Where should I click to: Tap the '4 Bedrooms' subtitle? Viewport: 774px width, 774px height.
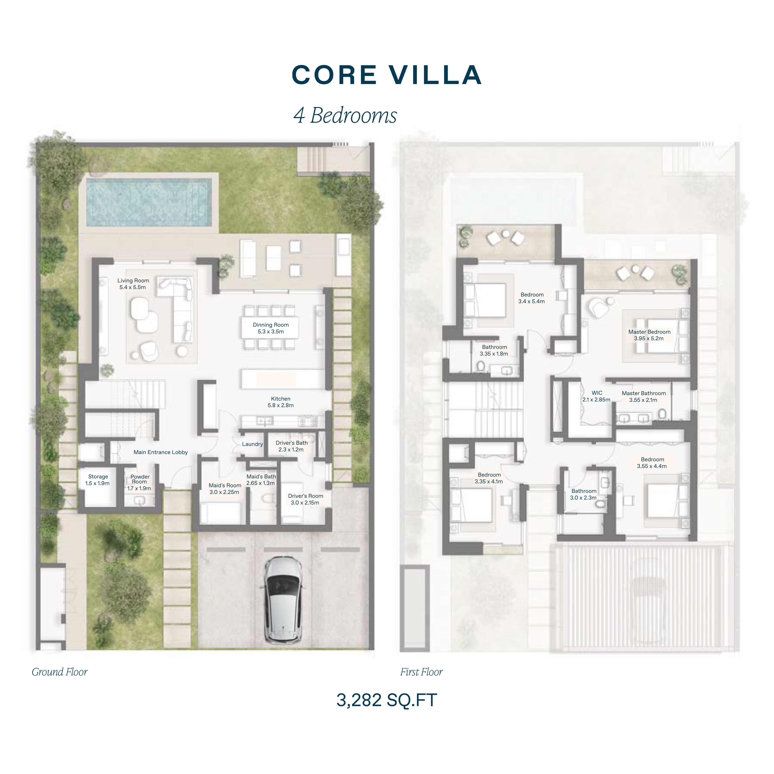pyautogui.click(x=345, y=115)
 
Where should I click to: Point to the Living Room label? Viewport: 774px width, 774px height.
pyautogui.click(x=133, y=284)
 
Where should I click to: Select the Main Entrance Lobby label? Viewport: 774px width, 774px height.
pyautogui.click(x=161, y=452)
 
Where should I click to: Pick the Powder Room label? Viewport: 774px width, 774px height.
pyautogui.click(x=139, y=482)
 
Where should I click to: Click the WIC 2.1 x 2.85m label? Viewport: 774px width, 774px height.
pyautogui.click(x=596, y=396)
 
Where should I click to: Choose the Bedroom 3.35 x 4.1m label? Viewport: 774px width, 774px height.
pyautogui.click(x=489, y=478)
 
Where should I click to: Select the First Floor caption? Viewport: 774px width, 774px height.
pyautogui.click(x=421, y=672)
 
